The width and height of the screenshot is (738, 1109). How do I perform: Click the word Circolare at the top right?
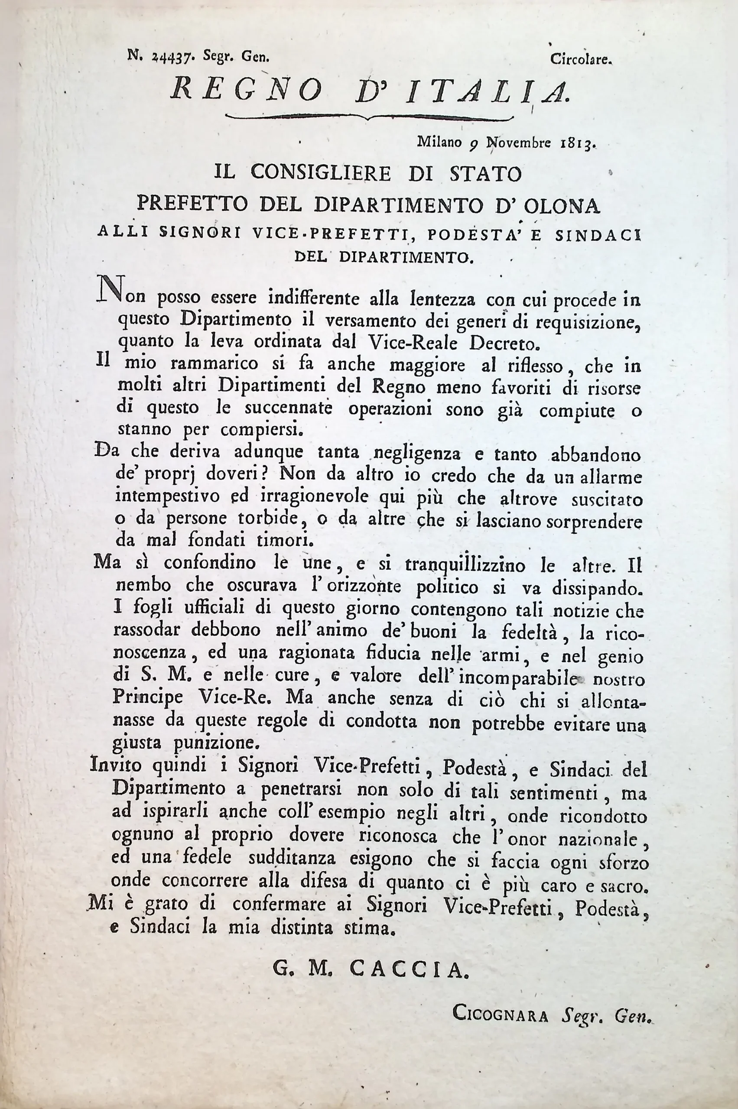[581, 60]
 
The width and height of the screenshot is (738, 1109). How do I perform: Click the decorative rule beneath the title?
[369, 116]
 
